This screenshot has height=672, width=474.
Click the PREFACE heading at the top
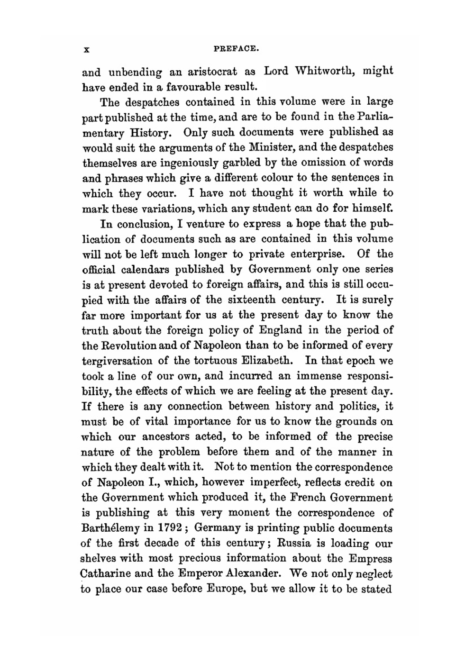tap(236, 48)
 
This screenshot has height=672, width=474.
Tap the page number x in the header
tap(86, 49)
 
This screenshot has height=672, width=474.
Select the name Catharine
tap(105, 573)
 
